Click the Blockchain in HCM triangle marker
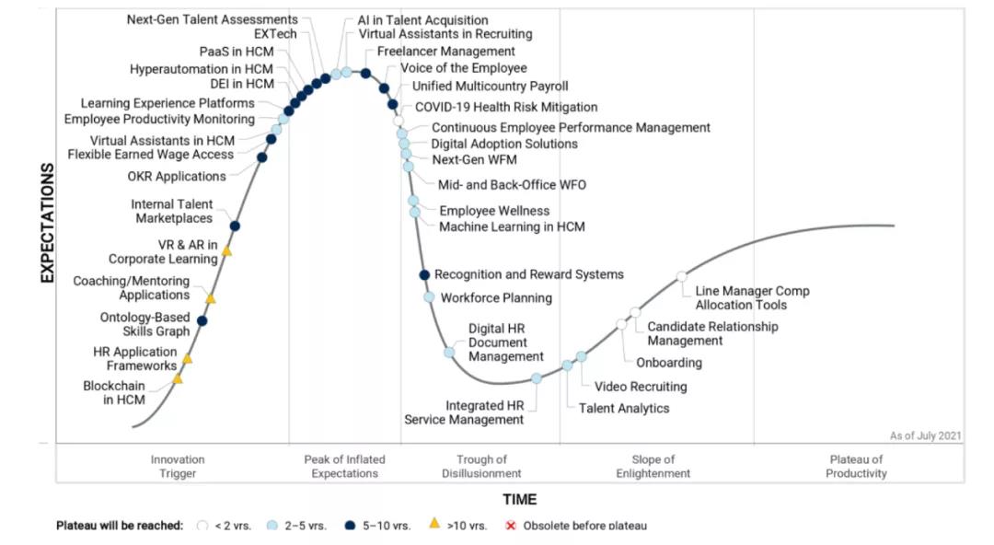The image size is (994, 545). coord(178,378)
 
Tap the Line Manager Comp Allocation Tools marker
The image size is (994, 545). coord(681,276)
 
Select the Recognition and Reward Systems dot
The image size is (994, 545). coord(424,275)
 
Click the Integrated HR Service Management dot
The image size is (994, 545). coord(537,378)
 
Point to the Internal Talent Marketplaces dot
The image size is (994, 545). coord(235,226)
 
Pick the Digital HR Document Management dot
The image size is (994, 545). coord(449,352)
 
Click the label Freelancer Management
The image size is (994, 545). coord(446,52)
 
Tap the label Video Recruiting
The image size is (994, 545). coord(641,387)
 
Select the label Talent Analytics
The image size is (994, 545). coord(624,408)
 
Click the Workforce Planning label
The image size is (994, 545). coord(496,297)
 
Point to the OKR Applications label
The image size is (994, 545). coord(177,176)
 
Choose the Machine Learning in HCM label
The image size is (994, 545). coord(512,226)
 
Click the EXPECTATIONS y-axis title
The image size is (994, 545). coord(48,223)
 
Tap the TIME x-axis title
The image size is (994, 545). coord(519,499)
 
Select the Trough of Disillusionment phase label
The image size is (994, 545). coord(481,466)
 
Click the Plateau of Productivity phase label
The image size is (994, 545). coord(856,466)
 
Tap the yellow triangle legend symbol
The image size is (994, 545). coord(434,524)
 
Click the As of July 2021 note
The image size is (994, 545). coord(925,435)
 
